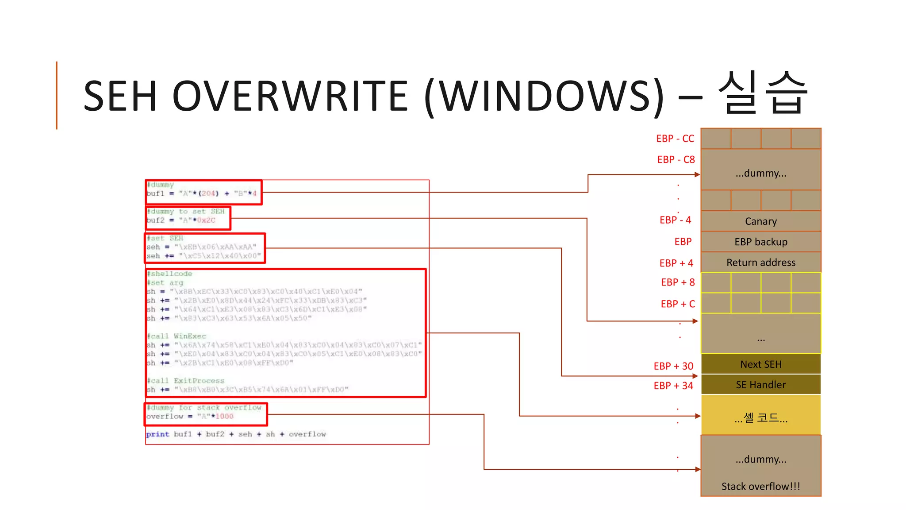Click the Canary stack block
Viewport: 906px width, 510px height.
click(x=760, y=221)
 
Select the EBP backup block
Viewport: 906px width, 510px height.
click(x=760, y=242)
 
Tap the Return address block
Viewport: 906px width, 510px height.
click(x=760, y=263)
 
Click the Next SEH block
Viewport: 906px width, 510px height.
click(x=760, y=364)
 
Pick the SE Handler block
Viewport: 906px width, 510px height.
click(x=760, y=385)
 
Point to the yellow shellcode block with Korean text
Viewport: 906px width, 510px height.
click(x=760, y=417)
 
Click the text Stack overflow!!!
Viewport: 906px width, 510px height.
click(x=760, y=486)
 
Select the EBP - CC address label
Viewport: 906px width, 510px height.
click(x=675, y=139)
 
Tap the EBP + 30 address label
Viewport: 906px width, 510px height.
click(x=673, y=366)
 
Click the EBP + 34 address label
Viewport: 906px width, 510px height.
click(x=673, y=386)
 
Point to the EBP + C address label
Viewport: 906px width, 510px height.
click(x=678, y=304)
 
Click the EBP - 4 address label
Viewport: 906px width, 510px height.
click(x=675, y=220)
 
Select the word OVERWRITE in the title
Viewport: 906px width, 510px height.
click(x=290, y=96)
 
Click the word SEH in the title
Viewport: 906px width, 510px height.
click(x=120, y=96)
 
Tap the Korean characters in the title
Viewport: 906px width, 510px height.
click(x=763, y=93)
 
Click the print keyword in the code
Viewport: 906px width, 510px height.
click(x=157, y=434)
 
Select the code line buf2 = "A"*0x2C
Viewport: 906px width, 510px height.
click(x=181, y=220)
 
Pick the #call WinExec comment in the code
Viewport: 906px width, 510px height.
click(x=177, y=336)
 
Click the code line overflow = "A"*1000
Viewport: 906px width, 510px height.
click(x=190, y=416)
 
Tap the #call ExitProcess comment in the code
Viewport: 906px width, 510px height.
click(x=186, y=381)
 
